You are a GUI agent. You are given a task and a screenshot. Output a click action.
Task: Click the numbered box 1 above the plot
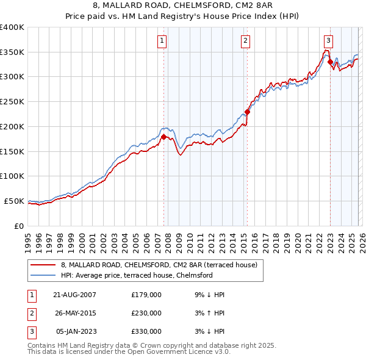(x=162, y=41)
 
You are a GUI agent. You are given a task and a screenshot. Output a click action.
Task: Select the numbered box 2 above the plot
(x=245, y=41)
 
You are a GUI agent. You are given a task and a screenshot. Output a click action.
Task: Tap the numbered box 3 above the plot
(x=328, y=41)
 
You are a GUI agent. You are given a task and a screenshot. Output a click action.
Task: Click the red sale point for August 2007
(x=163, y=137)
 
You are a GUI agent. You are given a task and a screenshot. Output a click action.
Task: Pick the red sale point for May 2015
(x=247, y=112)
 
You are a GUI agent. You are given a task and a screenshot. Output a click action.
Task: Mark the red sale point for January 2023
(x=330, y=62)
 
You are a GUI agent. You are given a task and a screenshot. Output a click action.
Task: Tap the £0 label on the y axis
(x=20, y=226)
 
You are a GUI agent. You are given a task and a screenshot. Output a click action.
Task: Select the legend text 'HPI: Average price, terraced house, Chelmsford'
(x=137, y=275)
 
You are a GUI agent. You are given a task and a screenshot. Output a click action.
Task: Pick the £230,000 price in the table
(x=146, y=313)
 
